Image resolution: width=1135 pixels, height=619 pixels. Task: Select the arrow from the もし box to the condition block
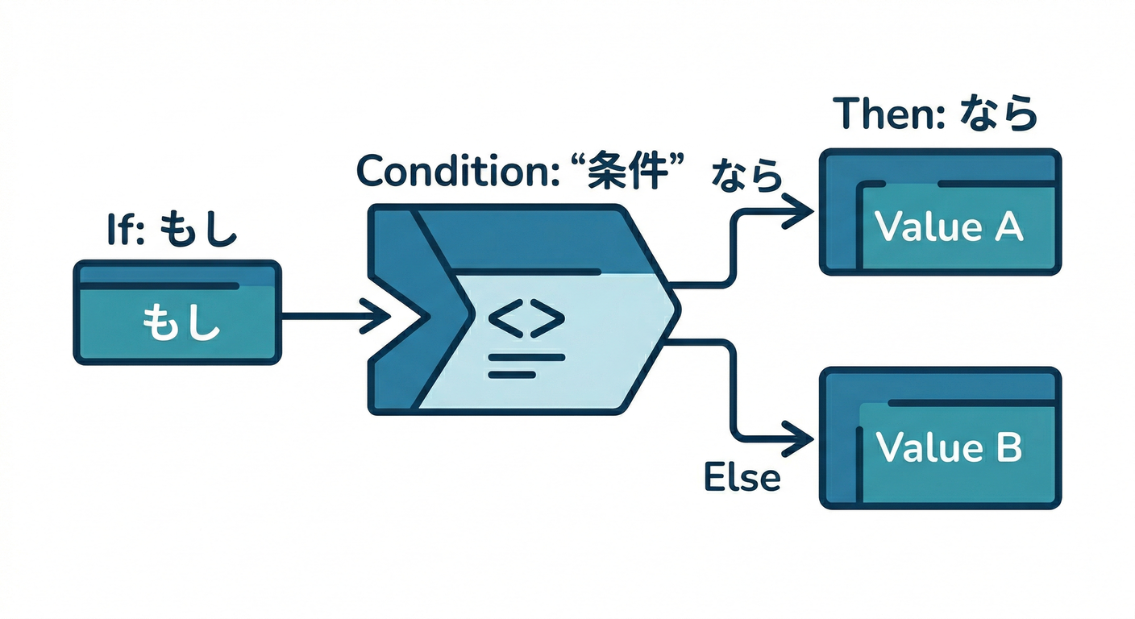point(331,315)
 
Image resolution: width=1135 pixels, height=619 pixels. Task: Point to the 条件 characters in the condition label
point(630,170)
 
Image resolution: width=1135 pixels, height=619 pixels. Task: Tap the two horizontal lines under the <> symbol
point(514,365)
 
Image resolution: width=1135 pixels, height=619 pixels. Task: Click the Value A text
point(948,228)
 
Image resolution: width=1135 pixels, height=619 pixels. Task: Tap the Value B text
point(948,447)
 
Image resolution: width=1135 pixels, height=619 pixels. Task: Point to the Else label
point(742,477)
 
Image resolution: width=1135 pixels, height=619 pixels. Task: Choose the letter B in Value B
point(1007,447)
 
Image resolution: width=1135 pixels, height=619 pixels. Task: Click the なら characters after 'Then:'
point(1000,114)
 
